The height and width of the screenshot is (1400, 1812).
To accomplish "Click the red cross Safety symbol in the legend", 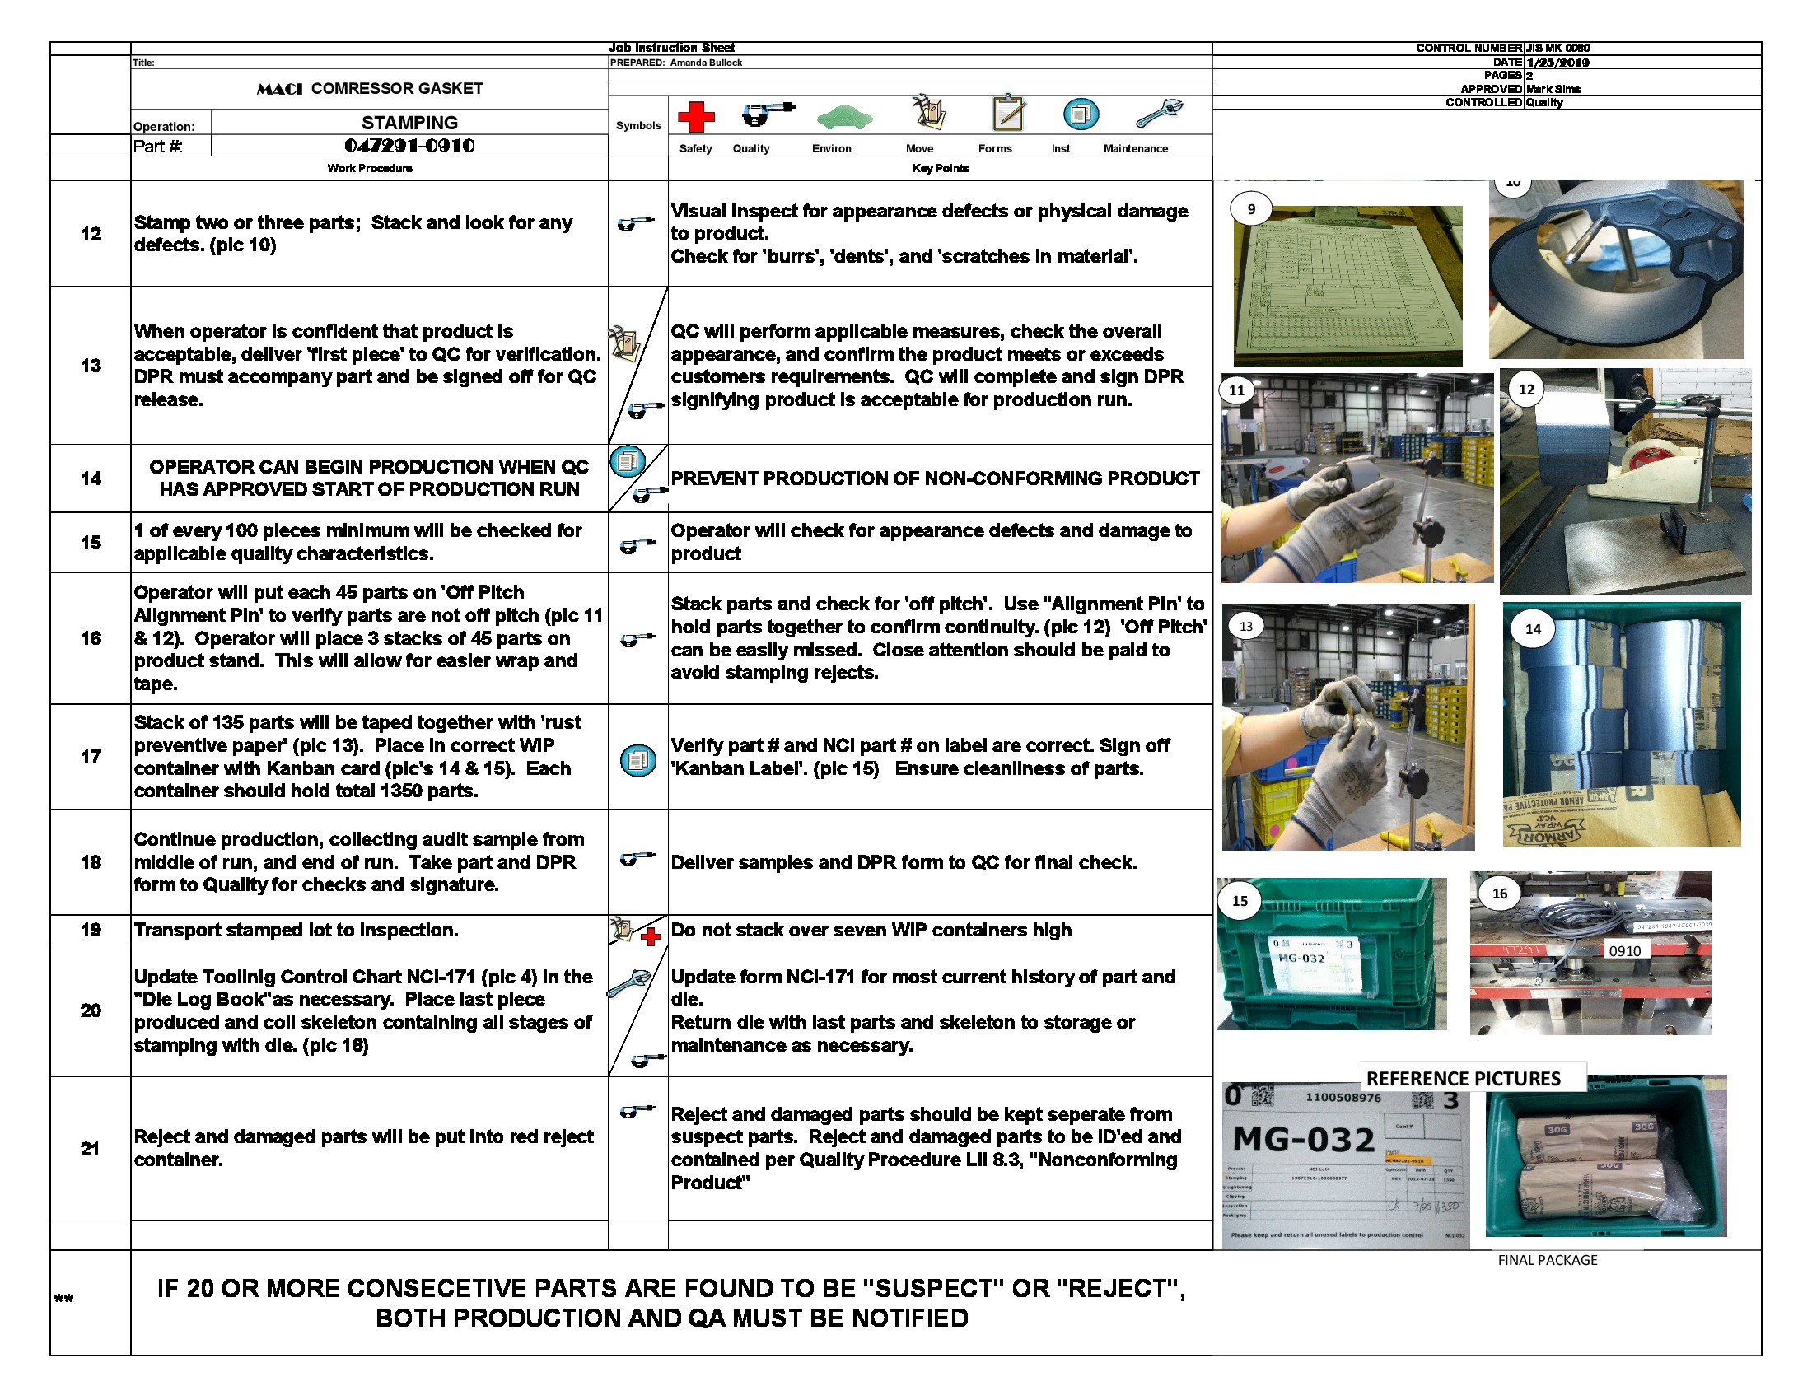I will tap(696, 117).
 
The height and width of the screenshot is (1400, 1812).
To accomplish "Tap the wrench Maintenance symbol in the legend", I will tap(1158, 113).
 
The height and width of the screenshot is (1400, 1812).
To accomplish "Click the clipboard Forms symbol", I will tap(1009, 112).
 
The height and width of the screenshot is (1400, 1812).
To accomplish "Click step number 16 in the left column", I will tap(91, 637).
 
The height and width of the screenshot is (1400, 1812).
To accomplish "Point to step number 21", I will tap(90, 1149).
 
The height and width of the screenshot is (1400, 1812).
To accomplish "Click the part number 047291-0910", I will tap(409, 146).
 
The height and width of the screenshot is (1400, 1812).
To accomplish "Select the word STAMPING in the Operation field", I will tap(409, 123).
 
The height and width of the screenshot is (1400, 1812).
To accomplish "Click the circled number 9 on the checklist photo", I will tap(1251, 209).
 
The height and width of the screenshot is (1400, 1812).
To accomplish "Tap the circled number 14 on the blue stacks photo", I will tap(1533, 628).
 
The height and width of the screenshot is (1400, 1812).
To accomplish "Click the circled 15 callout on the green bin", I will tap(1240, 901).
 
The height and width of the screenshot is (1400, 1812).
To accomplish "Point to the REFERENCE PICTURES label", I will tap(1463, 1078).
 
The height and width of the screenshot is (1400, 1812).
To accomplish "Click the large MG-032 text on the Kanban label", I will tap(1304, 1140).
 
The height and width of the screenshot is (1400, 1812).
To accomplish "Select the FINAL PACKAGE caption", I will tap(1547, 1260).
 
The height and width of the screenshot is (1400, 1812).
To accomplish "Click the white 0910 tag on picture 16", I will tap(1623, 950).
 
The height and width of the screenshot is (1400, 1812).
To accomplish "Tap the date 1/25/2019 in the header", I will tap(1557, 63).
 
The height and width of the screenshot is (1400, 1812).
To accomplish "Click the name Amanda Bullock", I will tap(705, 63).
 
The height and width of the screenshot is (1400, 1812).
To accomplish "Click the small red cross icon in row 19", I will tap(651, 937).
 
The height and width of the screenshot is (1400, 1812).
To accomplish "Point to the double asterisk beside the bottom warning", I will tap(64, 1299).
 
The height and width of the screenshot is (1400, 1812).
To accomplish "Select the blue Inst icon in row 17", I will tap(638, 760).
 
